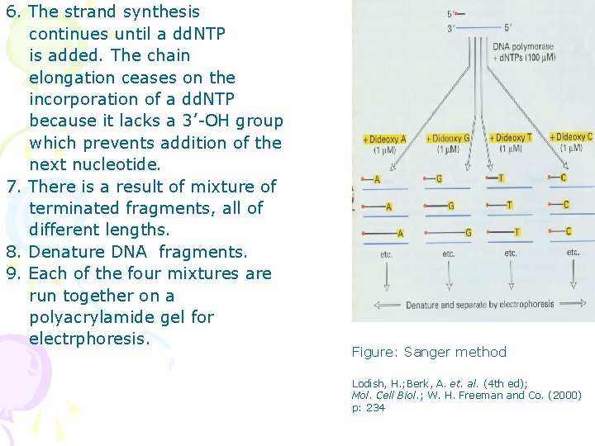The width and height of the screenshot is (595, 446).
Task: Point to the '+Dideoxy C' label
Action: (571, 136)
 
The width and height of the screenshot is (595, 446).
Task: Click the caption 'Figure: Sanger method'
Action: (429, 352)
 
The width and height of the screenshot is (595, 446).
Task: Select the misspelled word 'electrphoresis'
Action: (88, 339)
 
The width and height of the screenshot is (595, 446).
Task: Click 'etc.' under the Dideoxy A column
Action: (387, 254)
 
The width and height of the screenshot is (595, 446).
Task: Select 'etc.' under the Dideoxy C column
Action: (573, 252)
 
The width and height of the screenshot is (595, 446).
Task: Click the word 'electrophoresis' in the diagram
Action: (525, 304)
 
